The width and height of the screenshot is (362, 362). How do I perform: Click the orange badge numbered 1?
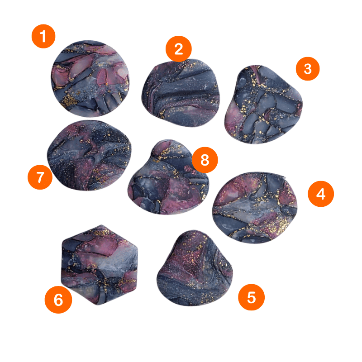click(x=43, y=36)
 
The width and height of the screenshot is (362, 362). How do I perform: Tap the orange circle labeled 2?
click(x=178, y=49)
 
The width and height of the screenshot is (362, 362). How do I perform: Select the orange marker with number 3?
click(x=308, y=69)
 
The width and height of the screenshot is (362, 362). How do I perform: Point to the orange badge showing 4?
click(x=321, y=194)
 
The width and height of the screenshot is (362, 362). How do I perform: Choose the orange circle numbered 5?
click(x=251, y=297)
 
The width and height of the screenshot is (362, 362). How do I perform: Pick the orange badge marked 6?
click(x=58, y=300)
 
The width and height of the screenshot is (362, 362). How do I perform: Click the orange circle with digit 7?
click(x=40, y=177)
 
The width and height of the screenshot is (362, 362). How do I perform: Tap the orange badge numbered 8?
click(x=205, y=160)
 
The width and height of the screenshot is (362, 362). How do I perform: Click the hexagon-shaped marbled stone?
click(x=99, y=265)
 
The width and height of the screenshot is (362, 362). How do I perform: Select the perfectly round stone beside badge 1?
click(x=90, y=78)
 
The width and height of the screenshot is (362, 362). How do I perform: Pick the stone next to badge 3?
click(x=263, y=105)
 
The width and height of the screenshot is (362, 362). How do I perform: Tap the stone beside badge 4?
click(x=255, y=208)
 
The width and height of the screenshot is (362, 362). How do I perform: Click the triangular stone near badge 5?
click(x=195, y=269)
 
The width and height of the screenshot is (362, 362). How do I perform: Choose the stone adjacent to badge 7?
click(x=89, y=155)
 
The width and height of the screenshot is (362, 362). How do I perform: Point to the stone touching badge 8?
click(x=168, y=177)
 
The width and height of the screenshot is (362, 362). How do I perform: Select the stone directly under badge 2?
click(x=181, y=93)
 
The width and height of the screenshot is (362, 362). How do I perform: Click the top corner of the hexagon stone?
click(x=101, y=225)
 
